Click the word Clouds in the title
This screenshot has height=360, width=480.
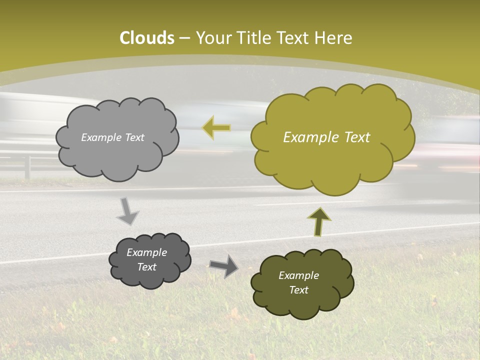147,38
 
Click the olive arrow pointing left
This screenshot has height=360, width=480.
216,127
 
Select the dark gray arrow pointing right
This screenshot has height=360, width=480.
223,265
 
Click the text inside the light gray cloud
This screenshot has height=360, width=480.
112,137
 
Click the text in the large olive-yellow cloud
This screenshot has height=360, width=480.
326,137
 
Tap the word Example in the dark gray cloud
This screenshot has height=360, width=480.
146,252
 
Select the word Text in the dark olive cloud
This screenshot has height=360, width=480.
298,290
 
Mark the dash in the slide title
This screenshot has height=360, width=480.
184,38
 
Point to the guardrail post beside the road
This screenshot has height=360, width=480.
27,167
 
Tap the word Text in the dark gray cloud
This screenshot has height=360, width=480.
146,267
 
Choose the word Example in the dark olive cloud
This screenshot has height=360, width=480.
298,275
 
